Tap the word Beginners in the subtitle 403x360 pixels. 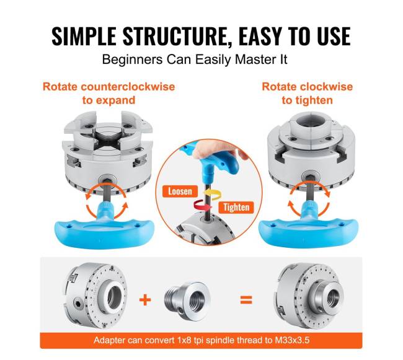[x=132, y=60]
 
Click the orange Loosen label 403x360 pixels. [x=180, y=191]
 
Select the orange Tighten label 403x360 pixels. [x=236, y=207]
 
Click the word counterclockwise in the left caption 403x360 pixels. [x=128, y=87]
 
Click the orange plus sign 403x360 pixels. [x=145, y=300]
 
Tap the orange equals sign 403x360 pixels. [x=246, y=300]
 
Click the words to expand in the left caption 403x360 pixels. [x=108, y=100]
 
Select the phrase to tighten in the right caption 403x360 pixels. [x=307, y=100]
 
